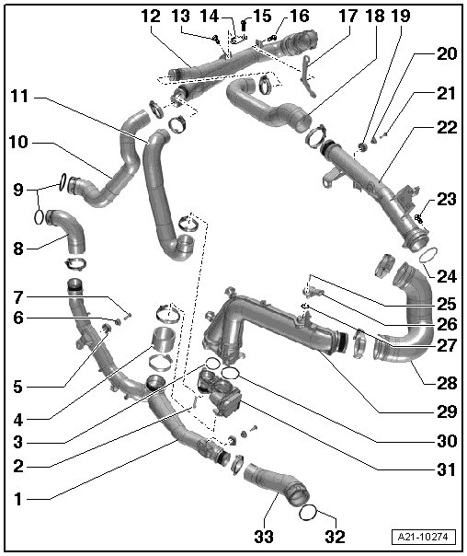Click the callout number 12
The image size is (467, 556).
pyautogui.click(x=152, y=17)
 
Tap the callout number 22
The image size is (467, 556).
pyautogui.click(x=447, y=128)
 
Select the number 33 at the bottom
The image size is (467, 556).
pyautogui.click(x=264, y=537)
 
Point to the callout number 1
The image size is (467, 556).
pyautogui.click(x=18, y=499)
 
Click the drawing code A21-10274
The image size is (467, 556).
pyautogui.click(x=424, y=537)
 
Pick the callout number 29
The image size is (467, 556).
pyautogui.click(x=447, y=412)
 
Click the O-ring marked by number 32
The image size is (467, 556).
pyautogui.click(x=307, y=513)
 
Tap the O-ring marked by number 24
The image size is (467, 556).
pyautogui.click(x=428, y=256)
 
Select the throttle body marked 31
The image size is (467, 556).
pyautogui.click(x=221, y=392)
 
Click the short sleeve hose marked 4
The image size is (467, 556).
pyautogui.click(x=165, y=341)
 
